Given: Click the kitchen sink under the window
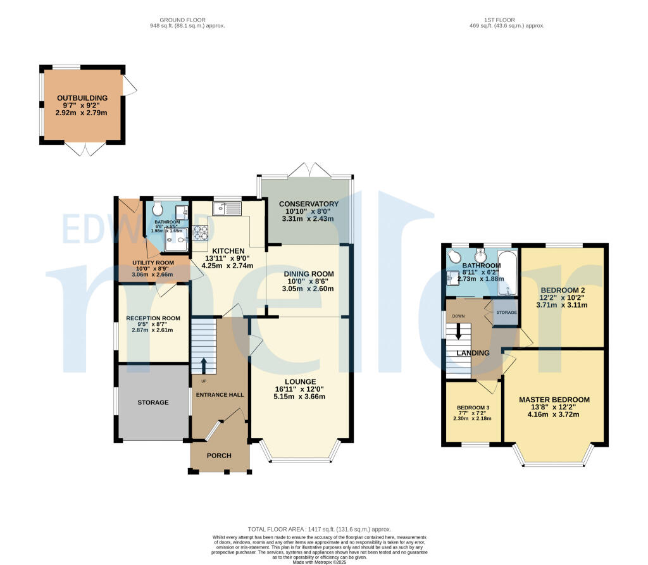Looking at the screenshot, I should click(225, 208).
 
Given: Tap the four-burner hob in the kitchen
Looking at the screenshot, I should click(201, 233).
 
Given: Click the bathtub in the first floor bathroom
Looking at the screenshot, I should click(509, 280).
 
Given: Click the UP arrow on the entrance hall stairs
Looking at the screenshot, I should click(204, 366).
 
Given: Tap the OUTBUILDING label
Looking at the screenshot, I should click(82, 98).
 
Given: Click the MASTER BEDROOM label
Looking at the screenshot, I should click(554, 399).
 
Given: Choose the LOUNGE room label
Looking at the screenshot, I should click(300, 389).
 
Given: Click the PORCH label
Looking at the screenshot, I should click(220, 456).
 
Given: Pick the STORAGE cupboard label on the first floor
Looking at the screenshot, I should click(506, 313).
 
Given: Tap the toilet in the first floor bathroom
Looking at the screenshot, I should click(453, 256).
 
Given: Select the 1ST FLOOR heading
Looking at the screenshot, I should click(497, 20).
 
